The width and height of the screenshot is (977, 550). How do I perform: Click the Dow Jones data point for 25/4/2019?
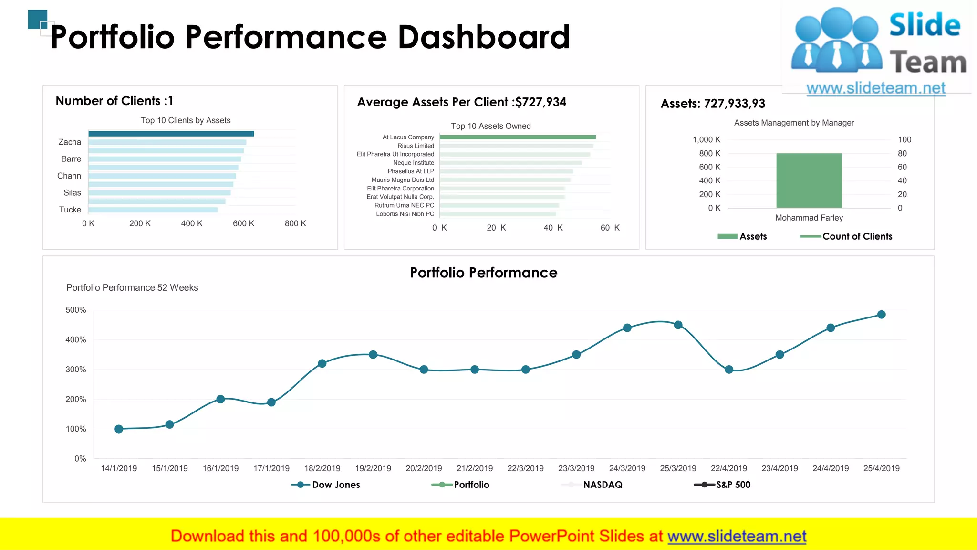click(881, 315)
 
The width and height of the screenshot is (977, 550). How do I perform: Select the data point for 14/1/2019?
click(119, 429)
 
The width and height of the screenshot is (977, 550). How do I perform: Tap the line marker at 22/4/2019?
click(728, 370)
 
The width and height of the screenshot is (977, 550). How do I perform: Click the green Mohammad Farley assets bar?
click(809, 180)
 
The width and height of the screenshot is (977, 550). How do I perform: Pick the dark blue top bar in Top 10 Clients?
click(171, 134)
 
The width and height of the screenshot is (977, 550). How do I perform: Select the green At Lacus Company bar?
click(518, 137)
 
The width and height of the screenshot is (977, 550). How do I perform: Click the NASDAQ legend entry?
click(602, 485)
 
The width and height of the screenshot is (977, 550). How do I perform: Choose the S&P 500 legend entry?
click(733, 485)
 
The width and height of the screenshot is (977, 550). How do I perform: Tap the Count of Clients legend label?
click(857, 236)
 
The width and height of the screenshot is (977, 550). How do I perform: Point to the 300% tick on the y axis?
click(76, 370)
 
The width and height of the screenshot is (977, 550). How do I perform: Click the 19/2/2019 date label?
click(373, 468)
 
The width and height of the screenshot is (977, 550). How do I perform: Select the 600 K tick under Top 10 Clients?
click(243, 223)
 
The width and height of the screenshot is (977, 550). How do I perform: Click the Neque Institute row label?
click(413, 163)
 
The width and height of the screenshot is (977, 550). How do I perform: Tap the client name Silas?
click(72, 193)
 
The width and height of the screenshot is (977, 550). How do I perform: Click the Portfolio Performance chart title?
click(483, 273)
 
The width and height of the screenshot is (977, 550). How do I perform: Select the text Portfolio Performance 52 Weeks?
click(132, 287)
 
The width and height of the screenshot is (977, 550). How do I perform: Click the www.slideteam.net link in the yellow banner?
click(737, 536)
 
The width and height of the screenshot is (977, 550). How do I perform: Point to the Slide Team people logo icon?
click(836, 41)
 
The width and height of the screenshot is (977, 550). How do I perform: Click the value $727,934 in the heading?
click(540, 102)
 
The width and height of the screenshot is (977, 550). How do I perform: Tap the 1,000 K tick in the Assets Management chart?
click(706, 140)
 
